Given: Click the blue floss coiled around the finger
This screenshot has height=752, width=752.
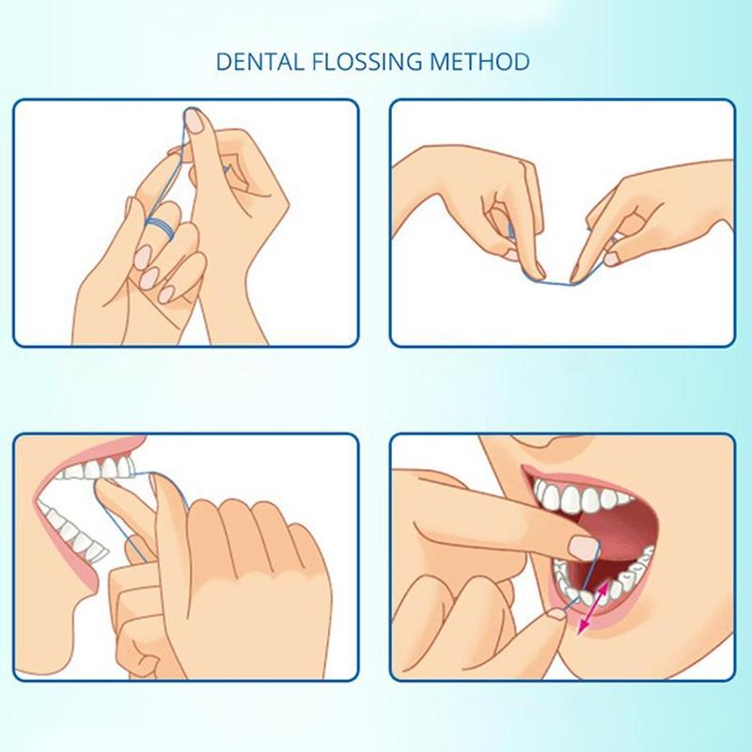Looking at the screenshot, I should [163, 227].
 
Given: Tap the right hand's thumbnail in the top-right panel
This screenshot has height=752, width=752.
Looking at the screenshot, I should [616, 246].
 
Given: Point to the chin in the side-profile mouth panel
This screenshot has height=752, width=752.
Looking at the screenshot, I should [56, 625].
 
